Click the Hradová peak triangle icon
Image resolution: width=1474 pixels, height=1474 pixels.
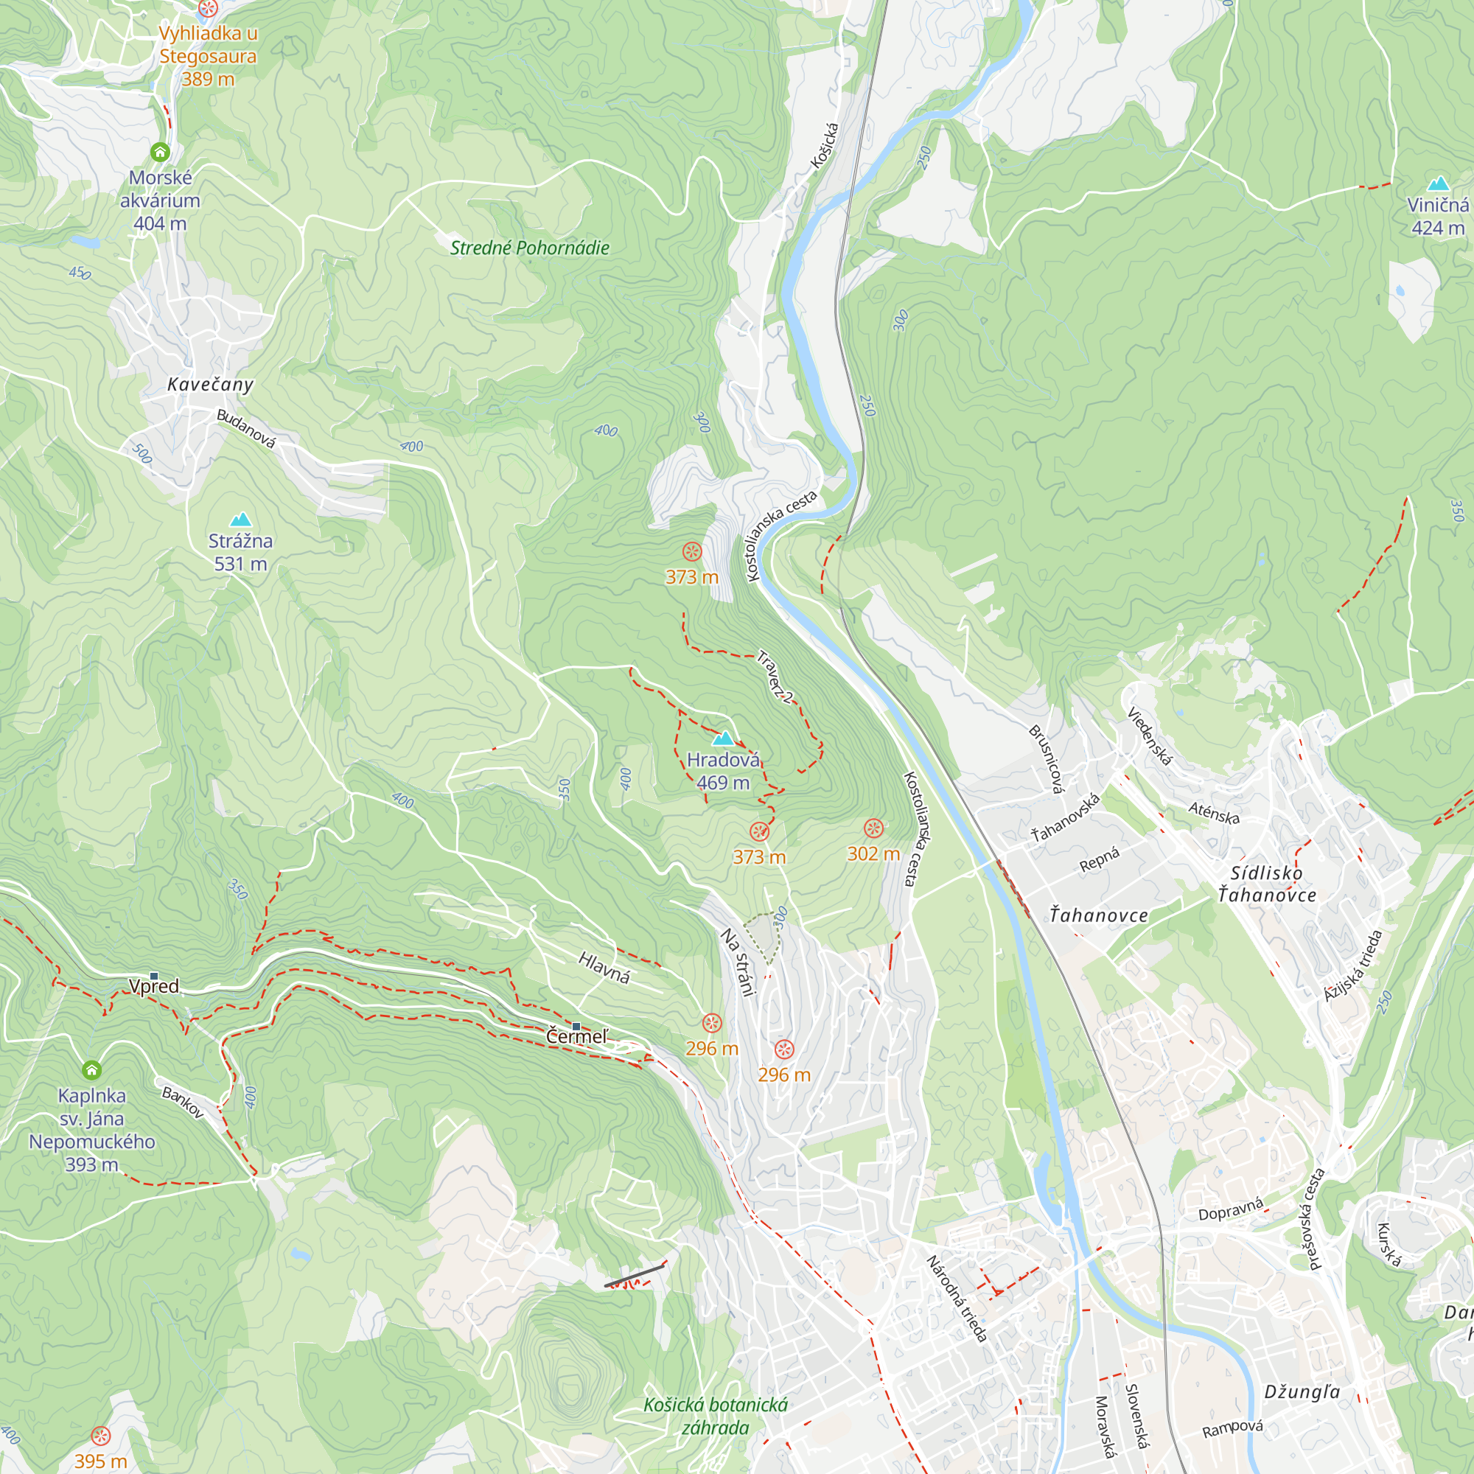tap(722, 738)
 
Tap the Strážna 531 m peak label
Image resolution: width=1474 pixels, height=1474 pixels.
tap(240, 552)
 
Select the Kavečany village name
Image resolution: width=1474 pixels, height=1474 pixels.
tap(210, 385)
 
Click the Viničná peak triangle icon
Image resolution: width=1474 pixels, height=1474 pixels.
tap(1437, 184)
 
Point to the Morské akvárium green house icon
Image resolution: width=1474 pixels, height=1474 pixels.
tap(159, 152)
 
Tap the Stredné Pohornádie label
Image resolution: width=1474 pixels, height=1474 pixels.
tap(529, 248)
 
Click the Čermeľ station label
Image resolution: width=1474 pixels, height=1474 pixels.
tap(578, 1036)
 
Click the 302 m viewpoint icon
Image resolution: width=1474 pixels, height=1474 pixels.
tap(873, 828)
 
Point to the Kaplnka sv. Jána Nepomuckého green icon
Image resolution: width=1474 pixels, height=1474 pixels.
tap(91, 1069)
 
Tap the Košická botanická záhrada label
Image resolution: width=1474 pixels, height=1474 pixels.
tap(715, 1416)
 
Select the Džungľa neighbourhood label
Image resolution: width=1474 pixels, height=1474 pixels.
tap(1302, 1391)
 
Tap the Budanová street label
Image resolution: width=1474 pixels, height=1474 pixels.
tap(245, 429)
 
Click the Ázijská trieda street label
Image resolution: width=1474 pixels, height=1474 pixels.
tap(1352, 966)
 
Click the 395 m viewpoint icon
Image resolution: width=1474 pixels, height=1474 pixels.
tap(101, 1436)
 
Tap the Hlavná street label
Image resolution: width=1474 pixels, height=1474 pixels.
tap(604, 968)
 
